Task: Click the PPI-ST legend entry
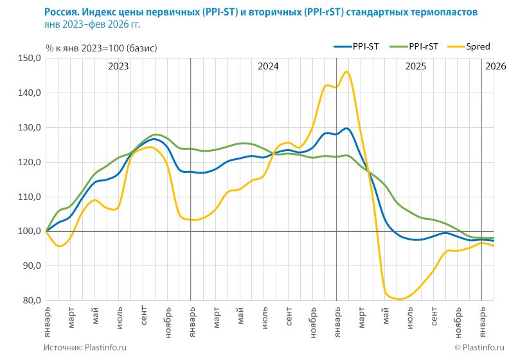coord(356,46)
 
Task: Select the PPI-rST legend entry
coord(415,46)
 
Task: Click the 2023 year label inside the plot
coord(118,66)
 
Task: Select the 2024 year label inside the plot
coord(268,66)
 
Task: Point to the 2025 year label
coord(416,66)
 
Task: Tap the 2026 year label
coord(496,66)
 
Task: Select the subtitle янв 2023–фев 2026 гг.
coord(92,25)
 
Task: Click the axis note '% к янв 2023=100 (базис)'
coord(101,48)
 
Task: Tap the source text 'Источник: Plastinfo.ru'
coord(85,347)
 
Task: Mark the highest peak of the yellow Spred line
coord(347,71)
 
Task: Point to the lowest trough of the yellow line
coord(399,299)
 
